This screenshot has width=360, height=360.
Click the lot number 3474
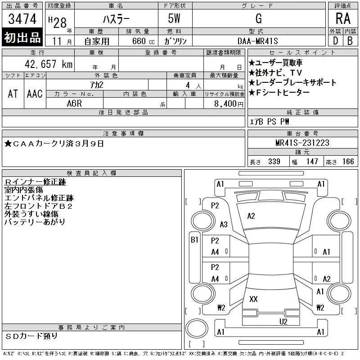22,19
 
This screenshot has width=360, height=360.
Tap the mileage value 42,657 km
49,64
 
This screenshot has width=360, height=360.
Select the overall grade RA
343,18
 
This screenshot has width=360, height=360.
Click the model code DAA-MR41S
257,41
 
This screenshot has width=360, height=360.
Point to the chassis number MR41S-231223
302,143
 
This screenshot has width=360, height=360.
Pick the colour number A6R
74,103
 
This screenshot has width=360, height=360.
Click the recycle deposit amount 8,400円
229,104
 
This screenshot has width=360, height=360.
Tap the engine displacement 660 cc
144,41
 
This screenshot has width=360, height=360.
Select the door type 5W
174,18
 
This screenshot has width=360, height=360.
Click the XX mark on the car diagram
253,299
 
